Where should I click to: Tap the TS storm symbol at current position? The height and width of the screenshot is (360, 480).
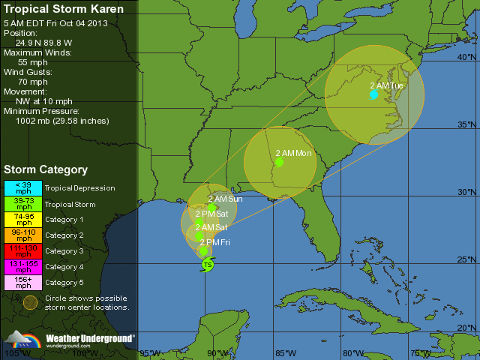pos(207,265)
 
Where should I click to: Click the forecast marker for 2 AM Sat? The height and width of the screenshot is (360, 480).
pos(199,236)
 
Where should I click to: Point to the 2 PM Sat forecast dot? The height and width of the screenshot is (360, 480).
pos(199,222)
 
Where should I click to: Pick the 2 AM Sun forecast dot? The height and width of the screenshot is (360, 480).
pos(212,208)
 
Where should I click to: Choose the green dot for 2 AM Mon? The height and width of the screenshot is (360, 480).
pos(279,161)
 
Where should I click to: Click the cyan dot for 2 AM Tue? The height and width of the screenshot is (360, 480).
pos(373,94)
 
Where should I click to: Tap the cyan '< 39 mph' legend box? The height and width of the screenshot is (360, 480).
pos(24,188)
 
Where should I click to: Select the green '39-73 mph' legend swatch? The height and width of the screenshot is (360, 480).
pos(24,204)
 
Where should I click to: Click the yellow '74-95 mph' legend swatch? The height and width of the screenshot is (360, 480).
pos(24,220)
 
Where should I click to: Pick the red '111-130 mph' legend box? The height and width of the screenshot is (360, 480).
pos(24,251)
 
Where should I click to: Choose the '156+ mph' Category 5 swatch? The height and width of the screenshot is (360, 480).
pos(24,283)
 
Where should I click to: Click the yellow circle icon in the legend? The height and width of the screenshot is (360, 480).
pos(30,302)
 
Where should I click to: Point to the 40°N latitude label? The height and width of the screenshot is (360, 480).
pos(466,58)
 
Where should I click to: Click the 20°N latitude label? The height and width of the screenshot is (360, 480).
pos(466,328)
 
